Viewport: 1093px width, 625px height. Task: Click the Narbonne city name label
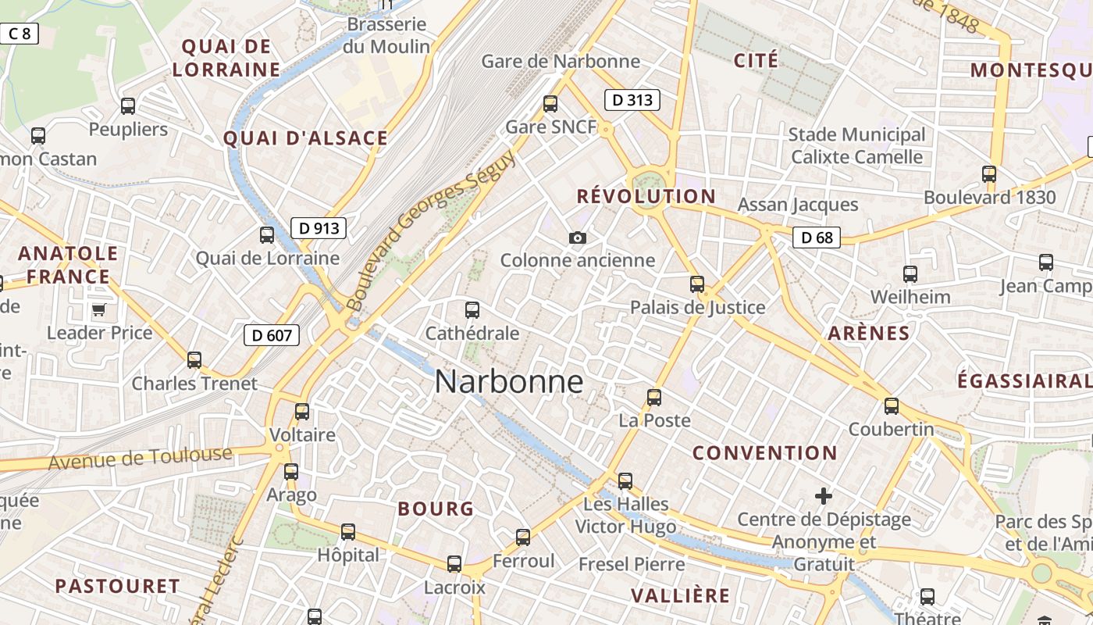[508, 382]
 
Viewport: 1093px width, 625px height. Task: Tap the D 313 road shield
[632, 100]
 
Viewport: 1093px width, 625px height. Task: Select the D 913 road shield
[319, 228]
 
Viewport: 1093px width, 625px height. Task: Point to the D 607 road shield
[272, 336]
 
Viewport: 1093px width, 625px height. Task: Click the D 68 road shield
[817, 237]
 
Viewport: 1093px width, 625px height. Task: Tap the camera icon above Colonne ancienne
[578, 237]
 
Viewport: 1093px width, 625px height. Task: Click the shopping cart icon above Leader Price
[98, 310]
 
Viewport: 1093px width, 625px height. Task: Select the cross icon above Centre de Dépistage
[824, 496]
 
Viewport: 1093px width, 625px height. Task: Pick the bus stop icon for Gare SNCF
[550, 103]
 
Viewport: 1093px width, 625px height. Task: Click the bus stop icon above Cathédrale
[472, 310]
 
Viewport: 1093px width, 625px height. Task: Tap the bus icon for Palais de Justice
[697, 284]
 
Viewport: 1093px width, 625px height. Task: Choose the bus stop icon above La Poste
[654, 397]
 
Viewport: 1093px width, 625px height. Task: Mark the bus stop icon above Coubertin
[892, 406]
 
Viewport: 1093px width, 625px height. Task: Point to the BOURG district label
[436, 509]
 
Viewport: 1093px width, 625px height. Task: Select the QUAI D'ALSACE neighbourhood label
[305, 138]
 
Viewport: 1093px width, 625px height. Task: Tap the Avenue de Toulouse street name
[141, 458]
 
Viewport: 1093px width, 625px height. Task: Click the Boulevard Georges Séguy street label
[430, 230]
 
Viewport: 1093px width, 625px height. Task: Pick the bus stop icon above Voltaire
[302, 411]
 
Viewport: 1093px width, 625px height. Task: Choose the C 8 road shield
[19, 34]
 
